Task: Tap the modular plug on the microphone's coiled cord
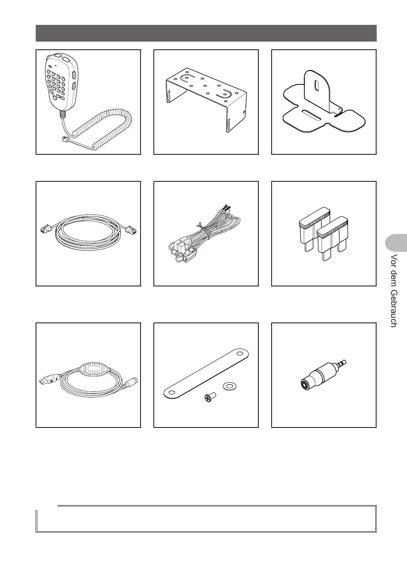pyautogui.click(x=65, y=140)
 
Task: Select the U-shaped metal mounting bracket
pyautogui.click(x=206, y=99)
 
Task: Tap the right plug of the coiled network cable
pyautogui.click(x=130, y=229)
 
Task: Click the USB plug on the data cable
pyautogui.click(x=48, y=380)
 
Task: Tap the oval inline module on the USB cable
pyautogui.click(x=94, y=370)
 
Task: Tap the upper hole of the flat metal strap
pyautogui.click(x=240, y=353)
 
